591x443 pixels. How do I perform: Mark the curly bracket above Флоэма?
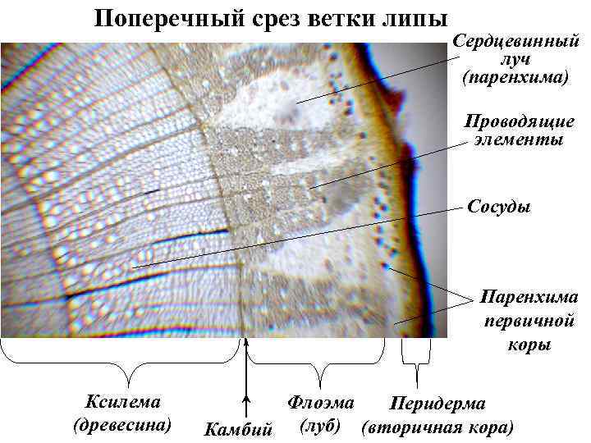(x=316, y=361)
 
